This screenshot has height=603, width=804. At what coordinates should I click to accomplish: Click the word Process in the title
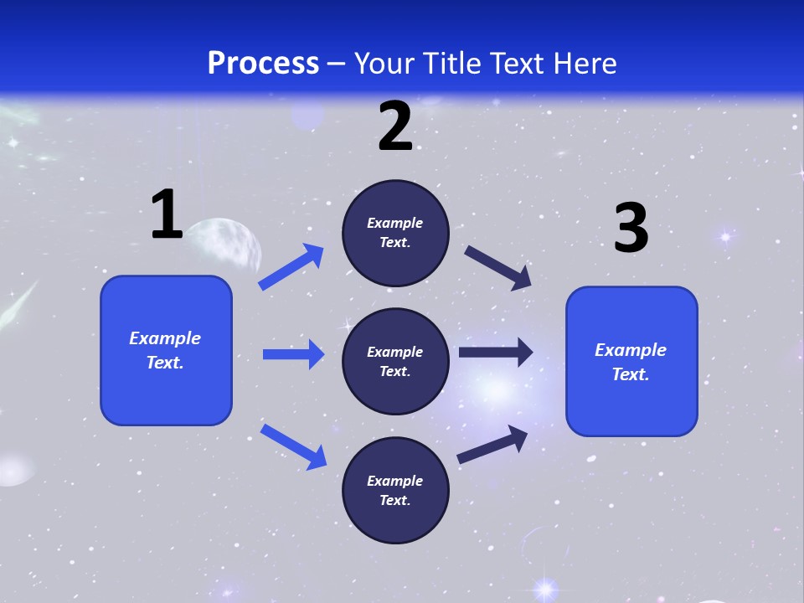click(263, 64)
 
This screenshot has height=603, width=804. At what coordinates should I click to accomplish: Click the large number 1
click(167, 215)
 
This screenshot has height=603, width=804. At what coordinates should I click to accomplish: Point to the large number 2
click(395, 127)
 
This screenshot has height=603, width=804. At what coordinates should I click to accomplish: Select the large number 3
click(631, 229)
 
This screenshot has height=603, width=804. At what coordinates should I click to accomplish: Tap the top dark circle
click(395, 233)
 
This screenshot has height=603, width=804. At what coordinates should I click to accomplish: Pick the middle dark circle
click(395, 361)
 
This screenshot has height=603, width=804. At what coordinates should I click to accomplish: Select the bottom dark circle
click(395, 490)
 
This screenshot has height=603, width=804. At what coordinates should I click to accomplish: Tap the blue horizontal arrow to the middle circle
click(293, 354)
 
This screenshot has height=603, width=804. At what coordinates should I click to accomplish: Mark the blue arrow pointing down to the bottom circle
click(293, 446)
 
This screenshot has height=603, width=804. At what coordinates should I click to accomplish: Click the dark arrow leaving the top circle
click(498, 267)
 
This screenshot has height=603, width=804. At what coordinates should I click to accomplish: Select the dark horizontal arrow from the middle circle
click(495, 353)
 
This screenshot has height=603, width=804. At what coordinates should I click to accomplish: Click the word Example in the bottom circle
click(395, 481)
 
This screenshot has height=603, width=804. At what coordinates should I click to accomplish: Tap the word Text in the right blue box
click(630, 374)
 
